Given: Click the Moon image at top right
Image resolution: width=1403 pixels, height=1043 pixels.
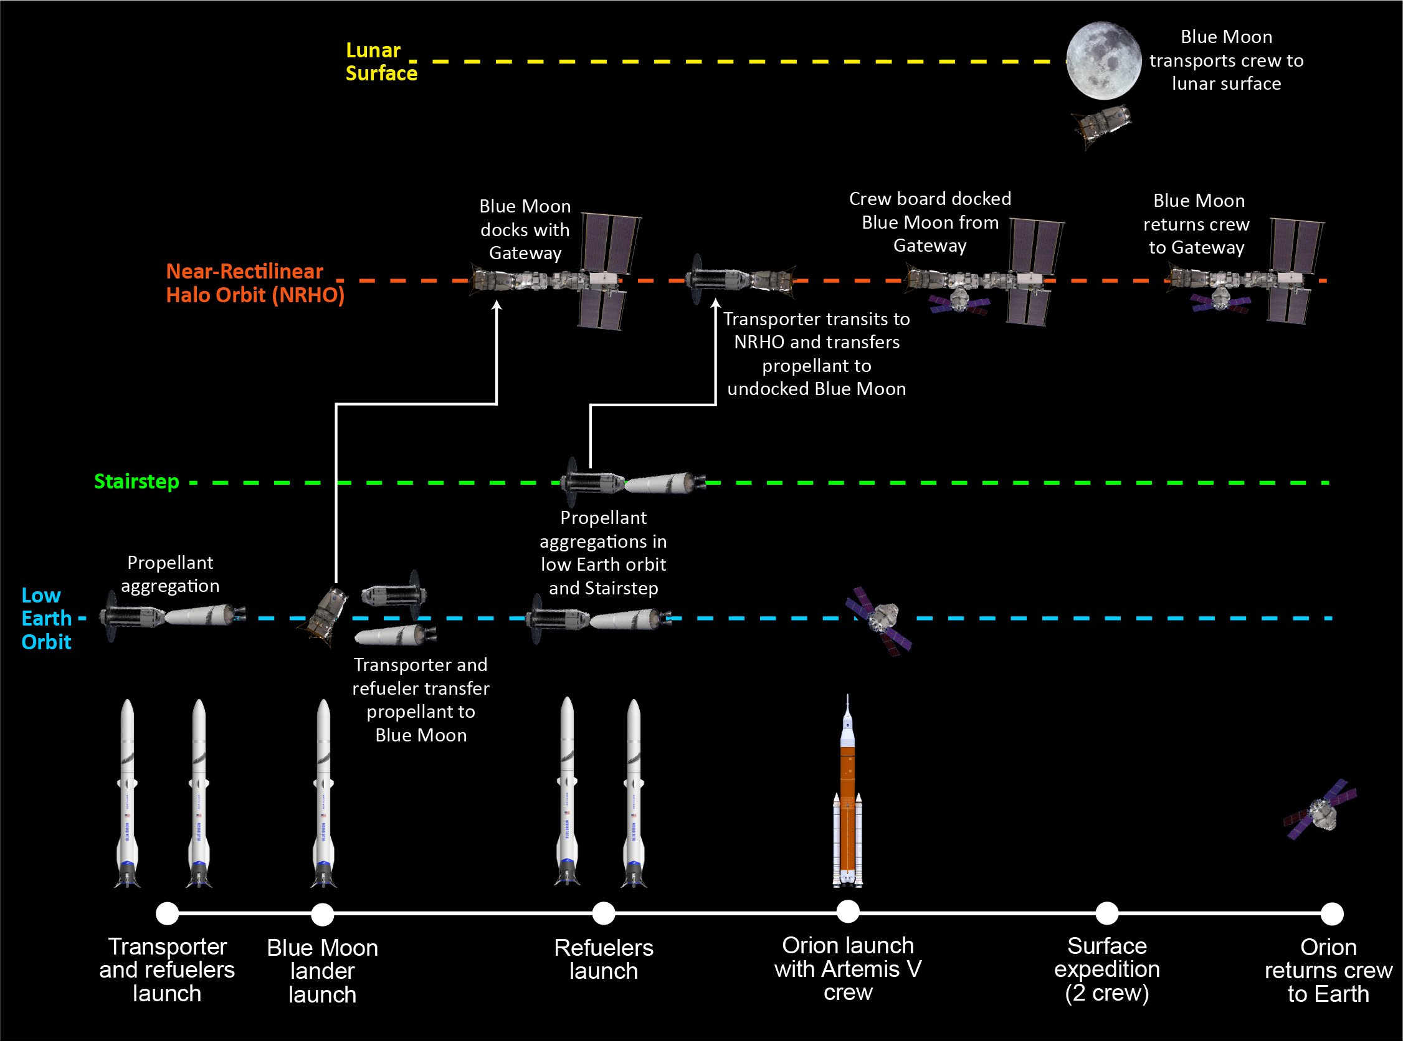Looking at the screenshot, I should point(1103,60).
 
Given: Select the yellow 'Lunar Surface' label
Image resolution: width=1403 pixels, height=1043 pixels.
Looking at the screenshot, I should point(381,62).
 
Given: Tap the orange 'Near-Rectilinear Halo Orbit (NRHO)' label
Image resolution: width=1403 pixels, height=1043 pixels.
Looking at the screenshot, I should point(254,283).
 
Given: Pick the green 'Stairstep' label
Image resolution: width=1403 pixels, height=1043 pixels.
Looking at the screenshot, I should point(136,482).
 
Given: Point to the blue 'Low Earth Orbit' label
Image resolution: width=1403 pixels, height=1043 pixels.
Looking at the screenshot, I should point(45,619).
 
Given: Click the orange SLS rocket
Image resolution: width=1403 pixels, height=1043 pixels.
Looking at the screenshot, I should point(848,796).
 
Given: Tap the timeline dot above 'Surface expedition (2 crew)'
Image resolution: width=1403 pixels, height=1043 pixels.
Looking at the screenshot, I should point(1106,913).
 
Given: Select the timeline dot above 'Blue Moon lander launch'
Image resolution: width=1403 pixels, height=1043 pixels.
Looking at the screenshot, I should point(323,913).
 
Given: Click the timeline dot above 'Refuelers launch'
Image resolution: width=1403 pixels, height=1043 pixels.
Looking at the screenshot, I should point(603,913).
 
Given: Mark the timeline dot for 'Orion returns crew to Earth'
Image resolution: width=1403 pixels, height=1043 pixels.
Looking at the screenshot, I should point(1332,913).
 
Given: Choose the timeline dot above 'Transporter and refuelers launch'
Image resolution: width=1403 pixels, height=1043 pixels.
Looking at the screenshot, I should point(167,913).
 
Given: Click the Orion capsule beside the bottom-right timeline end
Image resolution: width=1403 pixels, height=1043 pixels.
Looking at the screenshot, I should point(1320,811).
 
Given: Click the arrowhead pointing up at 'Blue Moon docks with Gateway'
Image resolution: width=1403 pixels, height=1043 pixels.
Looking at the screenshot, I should point(497,305).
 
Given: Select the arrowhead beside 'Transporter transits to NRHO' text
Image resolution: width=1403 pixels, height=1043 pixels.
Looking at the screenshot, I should point(715,303).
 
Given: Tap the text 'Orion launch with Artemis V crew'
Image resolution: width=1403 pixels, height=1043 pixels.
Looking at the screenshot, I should point(848,969).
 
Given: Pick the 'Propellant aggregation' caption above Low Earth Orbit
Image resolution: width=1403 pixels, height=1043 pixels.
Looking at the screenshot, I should point(171,574).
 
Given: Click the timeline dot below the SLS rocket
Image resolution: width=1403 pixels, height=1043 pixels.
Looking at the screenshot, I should point(848,911).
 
